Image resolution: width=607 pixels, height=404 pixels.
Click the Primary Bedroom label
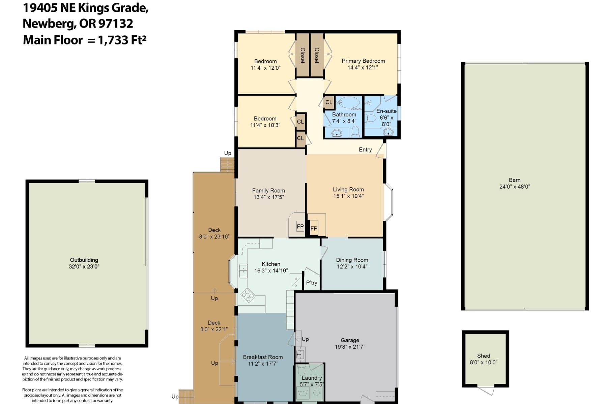[363, 61]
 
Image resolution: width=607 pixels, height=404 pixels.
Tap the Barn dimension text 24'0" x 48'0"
[515, 187]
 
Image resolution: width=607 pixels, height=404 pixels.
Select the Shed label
[484, 356]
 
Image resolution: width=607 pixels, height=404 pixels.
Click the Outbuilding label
[84, 260]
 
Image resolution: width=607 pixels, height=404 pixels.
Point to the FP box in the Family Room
[300, 227]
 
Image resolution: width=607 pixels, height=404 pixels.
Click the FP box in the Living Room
[314, 229]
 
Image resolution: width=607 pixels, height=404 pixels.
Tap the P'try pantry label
[312, 283]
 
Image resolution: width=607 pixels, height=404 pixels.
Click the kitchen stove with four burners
[248, 295]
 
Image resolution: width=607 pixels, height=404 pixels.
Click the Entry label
[365, 149]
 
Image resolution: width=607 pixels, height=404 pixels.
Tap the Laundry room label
[312, 378]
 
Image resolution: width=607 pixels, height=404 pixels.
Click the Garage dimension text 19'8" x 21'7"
[350, 347]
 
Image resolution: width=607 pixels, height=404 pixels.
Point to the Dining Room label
[352, 260]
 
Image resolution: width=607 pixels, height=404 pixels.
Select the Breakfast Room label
[263, 357]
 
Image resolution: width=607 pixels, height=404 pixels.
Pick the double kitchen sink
[243, 271]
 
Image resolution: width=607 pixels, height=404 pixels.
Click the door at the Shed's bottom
[486, 391]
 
